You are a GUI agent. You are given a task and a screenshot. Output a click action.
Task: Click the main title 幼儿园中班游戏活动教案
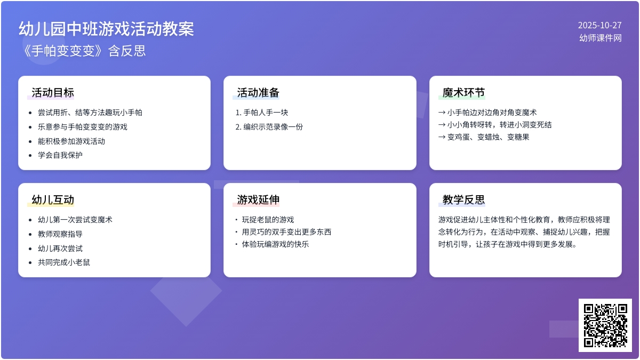[106, 29]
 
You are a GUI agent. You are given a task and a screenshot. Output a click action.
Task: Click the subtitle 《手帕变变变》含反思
[82, 51]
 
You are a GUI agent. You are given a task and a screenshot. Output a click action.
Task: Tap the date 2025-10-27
[599, 25]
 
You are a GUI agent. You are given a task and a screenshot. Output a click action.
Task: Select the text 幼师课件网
[601, 38]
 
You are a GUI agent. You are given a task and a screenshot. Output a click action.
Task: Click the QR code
[605, 325]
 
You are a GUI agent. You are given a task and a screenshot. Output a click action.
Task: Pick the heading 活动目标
[53, 93]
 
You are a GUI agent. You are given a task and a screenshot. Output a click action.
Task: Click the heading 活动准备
[258, 93]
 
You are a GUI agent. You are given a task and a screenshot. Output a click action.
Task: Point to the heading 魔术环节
[463, 93]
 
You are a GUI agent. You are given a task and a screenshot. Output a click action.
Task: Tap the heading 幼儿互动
[53, 200]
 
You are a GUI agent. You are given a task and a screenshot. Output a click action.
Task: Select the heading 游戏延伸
[258, 200]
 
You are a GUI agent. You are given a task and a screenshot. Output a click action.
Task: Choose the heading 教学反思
[463, 200]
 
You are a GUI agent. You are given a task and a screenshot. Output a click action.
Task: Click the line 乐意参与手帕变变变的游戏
[83, 127]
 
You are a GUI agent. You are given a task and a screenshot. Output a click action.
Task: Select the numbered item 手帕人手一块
[266, 113]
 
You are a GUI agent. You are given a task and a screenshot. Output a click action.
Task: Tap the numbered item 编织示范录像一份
[273, 127]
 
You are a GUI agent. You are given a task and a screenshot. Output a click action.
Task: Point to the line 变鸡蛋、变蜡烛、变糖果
[487, 137]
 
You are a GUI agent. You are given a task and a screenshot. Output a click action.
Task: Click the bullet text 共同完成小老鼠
[64, 262]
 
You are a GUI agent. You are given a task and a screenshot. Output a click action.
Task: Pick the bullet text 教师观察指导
[60, 234]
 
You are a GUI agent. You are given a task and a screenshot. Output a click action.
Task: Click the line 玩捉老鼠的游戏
[268, 220]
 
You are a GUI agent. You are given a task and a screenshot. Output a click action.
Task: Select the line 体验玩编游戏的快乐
[275, 244]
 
